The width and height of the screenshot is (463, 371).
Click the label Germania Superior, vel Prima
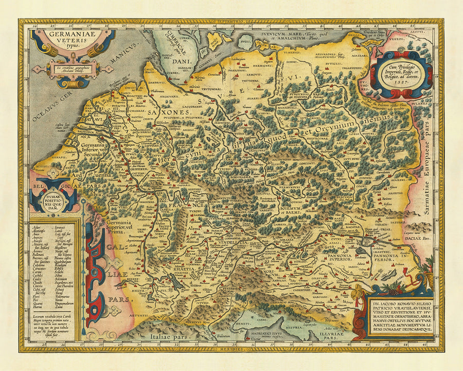click(x=123, y=227)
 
